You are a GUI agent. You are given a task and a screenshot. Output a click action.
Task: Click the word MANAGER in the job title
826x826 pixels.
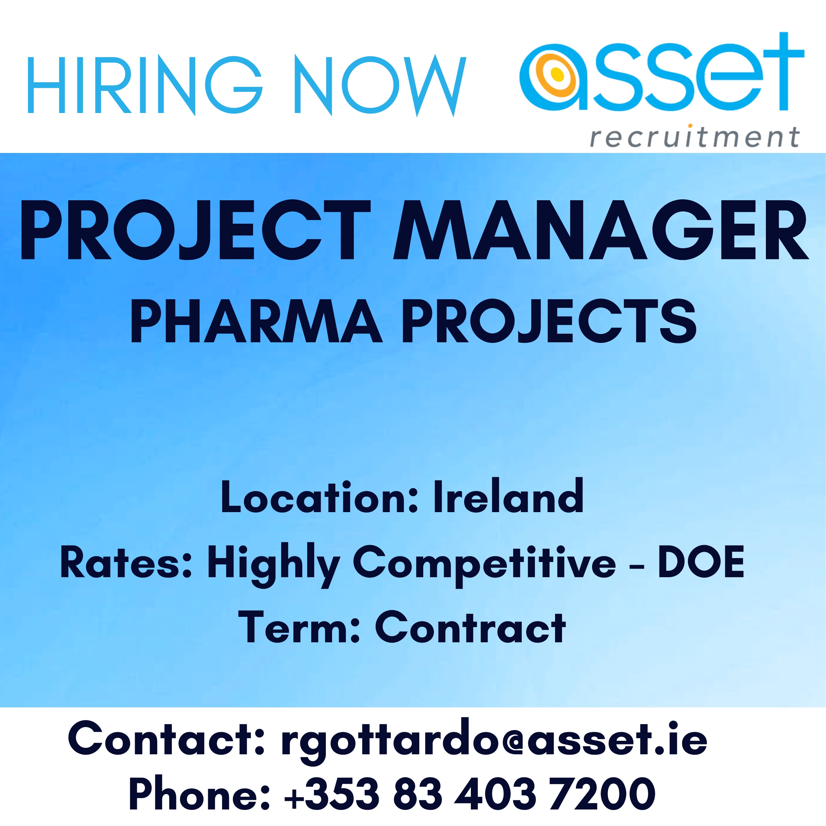(x=601, y=230)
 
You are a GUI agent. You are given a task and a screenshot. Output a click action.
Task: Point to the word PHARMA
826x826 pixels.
(x=256, y=321)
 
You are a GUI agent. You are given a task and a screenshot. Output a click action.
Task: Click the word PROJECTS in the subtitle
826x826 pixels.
(x=550, y=321)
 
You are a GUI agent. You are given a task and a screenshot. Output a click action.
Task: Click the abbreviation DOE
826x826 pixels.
(x=701, y=561)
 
